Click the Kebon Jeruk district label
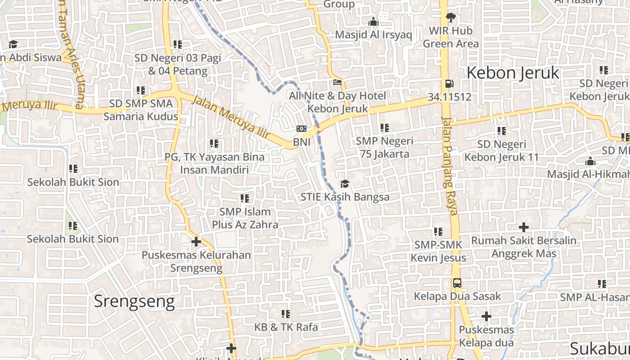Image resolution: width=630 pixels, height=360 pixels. pos(513,72)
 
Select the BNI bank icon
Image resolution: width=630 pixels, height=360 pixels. pos(301,129)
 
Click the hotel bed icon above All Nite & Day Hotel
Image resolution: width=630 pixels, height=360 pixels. pos(337,82)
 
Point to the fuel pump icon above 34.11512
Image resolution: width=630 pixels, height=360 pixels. pos(449,83)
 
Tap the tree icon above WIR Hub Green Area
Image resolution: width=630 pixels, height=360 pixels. pos(450,18)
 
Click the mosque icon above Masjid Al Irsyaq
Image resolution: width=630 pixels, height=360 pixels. pos(373,22)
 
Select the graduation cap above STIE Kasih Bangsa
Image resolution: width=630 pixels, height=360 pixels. pos(345,184)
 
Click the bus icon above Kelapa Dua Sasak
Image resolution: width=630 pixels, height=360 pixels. pos(457,283)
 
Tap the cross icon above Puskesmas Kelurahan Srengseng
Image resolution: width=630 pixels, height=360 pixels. pos(196,242)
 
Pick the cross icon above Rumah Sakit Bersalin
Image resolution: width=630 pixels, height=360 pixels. pos(523,227)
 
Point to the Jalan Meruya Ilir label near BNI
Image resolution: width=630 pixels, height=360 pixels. pos(230,117)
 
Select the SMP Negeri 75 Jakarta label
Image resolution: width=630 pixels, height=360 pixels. pos(384,147)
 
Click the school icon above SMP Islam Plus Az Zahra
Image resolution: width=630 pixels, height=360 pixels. pos(245,198)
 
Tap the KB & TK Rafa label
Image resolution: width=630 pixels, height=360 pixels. pos(286,327)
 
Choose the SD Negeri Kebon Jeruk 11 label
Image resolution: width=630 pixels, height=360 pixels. pos(501,151)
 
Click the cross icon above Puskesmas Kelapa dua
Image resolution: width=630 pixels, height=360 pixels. pos(486,316)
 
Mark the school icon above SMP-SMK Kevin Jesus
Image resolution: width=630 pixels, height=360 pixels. pos(438,232)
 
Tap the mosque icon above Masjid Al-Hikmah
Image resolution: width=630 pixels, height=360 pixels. pos(590,162)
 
